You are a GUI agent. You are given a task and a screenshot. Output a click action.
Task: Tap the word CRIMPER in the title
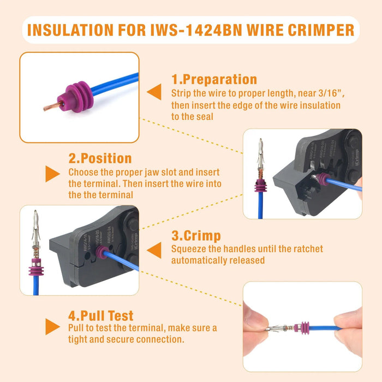pos(321,29)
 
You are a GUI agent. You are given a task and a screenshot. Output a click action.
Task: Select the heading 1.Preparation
pos(214,80)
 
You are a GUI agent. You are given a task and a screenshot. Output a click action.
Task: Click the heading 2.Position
pos(100,159)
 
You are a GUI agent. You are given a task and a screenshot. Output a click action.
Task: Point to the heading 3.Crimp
pos(196,236)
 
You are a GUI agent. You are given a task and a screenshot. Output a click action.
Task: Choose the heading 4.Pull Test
pos(101,315)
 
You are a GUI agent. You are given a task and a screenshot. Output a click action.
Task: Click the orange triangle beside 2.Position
pos(52,174)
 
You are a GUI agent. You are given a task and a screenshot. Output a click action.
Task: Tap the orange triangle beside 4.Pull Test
pos(52,326)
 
